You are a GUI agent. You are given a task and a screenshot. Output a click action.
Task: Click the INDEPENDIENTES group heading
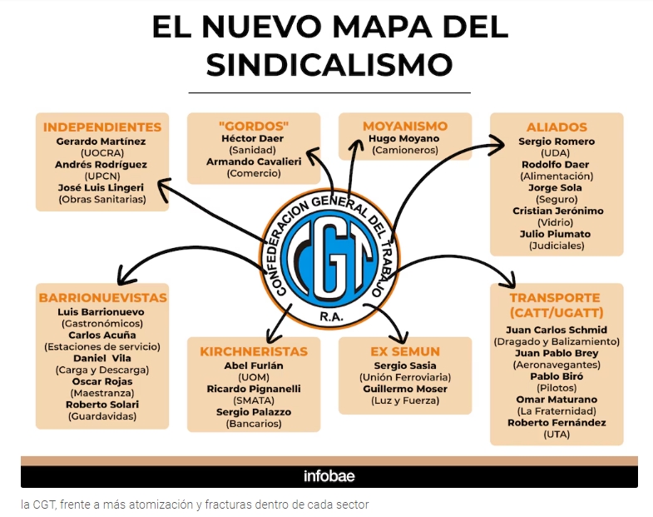102,127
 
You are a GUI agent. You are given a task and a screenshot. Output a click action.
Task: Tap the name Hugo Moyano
404,138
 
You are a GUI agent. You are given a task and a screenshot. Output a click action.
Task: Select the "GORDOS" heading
254,126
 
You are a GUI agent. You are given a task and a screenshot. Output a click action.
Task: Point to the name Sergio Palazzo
254,412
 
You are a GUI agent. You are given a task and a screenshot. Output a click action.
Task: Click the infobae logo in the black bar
329,476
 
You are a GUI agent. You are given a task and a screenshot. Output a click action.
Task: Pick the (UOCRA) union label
102,152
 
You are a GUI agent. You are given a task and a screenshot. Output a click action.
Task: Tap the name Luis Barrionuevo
101,312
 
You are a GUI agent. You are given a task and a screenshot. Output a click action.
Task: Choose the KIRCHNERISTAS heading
254,351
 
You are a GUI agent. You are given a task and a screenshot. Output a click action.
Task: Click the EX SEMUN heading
405,351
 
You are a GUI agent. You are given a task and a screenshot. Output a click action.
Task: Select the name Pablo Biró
557,376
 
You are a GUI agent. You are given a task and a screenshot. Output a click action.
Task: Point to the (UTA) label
557,435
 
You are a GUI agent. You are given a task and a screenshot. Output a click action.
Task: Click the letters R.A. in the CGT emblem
332,317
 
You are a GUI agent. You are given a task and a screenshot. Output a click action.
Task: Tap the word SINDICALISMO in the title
329,65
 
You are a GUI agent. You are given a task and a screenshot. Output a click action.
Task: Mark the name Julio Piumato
555,234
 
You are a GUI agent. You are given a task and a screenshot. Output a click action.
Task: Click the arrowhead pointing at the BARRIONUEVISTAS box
123,276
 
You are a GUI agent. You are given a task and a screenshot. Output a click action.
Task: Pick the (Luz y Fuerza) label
405,400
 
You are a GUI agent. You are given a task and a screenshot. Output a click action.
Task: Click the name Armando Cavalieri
254,162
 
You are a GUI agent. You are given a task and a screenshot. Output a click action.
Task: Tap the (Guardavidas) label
102,416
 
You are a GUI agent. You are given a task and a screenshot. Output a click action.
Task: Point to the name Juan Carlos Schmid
557,330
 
